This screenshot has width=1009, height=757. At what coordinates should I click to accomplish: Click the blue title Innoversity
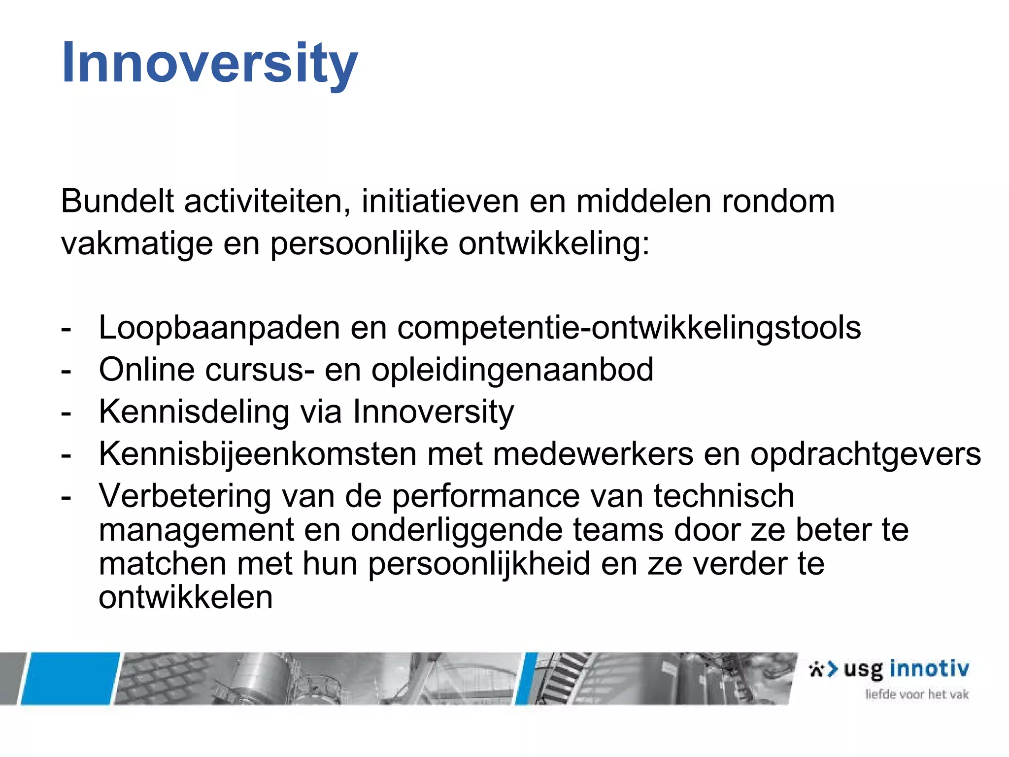(x=209, y=63)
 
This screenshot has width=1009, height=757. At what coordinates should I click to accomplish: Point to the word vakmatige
(x=137, y=243)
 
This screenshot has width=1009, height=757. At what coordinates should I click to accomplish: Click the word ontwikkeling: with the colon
(x=554, y=243)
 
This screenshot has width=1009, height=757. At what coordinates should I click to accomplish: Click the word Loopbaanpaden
(x=219, y=328)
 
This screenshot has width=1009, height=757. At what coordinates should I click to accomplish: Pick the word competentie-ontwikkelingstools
(x=629, y=328)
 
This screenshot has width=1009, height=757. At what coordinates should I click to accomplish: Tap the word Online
(x=146, y=370)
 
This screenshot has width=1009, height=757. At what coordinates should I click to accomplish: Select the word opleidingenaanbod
(x=512, y=370)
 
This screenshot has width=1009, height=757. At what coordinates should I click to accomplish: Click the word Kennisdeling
(x=194, y=412)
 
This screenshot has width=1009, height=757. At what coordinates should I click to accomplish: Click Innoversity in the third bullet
(x=433, y=412)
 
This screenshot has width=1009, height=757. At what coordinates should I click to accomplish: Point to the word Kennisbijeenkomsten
(x=258, y=453)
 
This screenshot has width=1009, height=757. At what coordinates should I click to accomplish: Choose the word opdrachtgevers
(x=865, y=453)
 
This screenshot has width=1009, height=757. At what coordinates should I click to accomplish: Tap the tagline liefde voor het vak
(x=916, y=694)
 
